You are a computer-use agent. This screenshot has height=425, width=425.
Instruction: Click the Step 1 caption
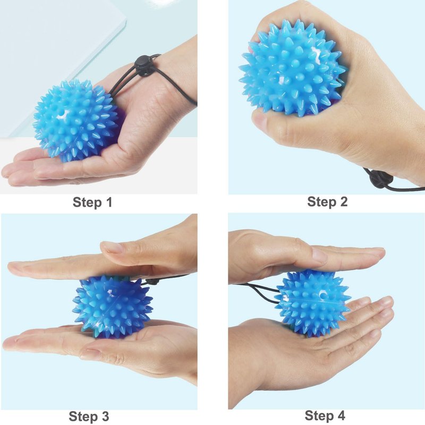click(x=92, y=202)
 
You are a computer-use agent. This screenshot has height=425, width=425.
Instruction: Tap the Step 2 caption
click(x=327, y=202)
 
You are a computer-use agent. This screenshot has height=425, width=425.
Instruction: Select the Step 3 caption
click(x=89, y=416)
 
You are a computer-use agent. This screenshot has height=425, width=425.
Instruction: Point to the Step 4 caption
click(x=325, y=415)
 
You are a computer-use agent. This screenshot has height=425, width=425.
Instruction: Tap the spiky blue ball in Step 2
click(x=292, y=69)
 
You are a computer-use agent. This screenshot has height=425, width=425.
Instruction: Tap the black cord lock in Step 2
click(x=381, y=180)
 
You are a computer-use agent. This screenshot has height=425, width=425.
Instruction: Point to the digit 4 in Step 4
click(x=341, y=415)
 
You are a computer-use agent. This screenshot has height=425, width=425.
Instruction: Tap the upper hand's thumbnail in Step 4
click(x=320, y=256)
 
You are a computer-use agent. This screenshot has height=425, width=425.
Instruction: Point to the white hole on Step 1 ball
click(x=62, y=116)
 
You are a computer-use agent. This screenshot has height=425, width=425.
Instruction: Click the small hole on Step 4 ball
click(x=323, y=294)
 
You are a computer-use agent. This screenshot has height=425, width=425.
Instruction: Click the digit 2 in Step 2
click(x=343, y=201)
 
